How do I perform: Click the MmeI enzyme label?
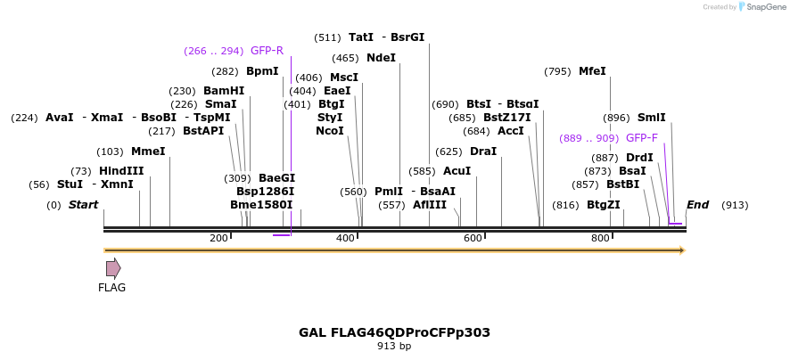tap(148, 151)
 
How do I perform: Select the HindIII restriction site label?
tap(120, 171)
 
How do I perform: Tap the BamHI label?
tap(223, 91)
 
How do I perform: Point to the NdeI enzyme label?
tap(381, 58)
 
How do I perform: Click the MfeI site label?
tap(592, 71)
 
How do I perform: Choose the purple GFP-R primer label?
tap(267, 51)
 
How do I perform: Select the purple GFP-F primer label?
tap(642, 138)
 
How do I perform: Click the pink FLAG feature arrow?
tap(113, 268)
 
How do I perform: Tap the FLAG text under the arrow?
tap(112, 288)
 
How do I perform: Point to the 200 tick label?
tap(218, 238)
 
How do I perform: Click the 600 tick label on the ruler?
tap(472, 238)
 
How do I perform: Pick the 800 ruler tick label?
tap(599, 238)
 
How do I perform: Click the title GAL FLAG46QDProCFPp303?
tap(394, 332)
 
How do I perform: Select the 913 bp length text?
tap(394, 346)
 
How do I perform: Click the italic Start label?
tap(83, 205)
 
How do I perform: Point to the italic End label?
tap(697, 205)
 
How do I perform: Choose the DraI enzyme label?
tap(482, 151)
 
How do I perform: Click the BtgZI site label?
tap(603, 205)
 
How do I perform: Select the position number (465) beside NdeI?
tap(344, 58)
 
